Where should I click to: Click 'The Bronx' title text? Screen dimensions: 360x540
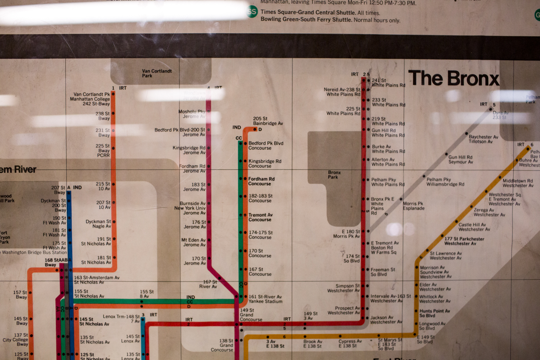click(x=453, y=79)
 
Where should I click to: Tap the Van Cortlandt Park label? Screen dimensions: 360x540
click(x=157, y=73)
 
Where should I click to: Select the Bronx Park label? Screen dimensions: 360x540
click(x=334, y=174)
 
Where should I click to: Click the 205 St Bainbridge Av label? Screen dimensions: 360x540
click(x=268, y=121)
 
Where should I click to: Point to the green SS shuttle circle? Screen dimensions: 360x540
click(x=252, y=12)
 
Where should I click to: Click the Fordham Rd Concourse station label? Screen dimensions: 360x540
click(x=261, y=181)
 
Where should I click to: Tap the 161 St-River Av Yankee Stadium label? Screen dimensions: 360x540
click(x=265, y=299)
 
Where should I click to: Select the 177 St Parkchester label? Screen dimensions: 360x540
click(x=464, y=241)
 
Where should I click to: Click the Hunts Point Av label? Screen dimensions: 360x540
click(x=434, y=313)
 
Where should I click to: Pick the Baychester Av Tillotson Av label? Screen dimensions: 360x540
click(x=483, y=139)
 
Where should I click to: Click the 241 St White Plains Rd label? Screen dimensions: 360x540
click(x=388, y=83)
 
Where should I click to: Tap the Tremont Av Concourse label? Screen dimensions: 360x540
click(x=260, y=217)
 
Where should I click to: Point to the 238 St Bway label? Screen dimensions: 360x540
click(x=103, y=116)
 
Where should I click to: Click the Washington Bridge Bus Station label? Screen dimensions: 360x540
click(x=34, y=252)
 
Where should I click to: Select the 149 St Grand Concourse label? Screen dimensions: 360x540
click(x=250, y=314)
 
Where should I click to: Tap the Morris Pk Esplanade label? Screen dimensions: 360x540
click(x=413, y=206)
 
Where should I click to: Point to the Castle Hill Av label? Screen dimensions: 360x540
click(x=474, y=227)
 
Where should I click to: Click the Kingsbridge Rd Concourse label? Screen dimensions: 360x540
click(x=264, y=163)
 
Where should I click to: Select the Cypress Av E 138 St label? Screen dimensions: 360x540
click(x=350, y=343)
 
